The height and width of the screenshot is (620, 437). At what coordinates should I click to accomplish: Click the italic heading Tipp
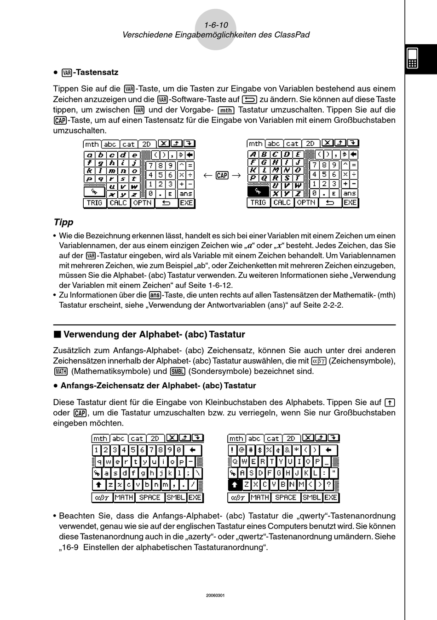63,222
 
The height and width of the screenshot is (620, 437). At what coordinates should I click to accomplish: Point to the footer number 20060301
216,595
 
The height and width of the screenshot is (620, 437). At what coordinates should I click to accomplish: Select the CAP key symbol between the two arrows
222,175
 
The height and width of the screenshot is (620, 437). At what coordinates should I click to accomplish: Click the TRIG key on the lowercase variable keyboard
94,203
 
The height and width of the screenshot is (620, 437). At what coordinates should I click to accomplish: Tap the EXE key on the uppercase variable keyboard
350,202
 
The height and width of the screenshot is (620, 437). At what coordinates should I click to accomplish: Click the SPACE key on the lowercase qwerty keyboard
149,497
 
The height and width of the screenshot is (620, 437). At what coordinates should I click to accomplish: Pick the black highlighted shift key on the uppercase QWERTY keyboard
235,484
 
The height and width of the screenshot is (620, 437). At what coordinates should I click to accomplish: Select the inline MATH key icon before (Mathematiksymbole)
61,372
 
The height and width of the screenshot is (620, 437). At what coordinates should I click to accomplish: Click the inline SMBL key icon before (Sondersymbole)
177,372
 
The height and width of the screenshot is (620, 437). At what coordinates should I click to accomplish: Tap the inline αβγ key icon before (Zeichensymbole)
318,361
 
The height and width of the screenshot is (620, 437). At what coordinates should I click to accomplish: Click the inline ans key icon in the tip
155,295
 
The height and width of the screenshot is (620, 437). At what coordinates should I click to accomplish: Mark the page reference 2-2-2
333,305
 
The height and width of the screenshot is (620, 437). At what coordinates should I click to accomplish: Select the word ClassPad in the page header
292,35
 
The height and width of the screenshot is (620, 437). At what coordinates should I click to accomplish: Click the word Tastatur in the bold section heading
227,334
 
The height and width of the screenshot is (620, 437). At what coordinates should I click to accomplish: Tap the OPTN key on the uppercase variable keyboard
306,202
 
